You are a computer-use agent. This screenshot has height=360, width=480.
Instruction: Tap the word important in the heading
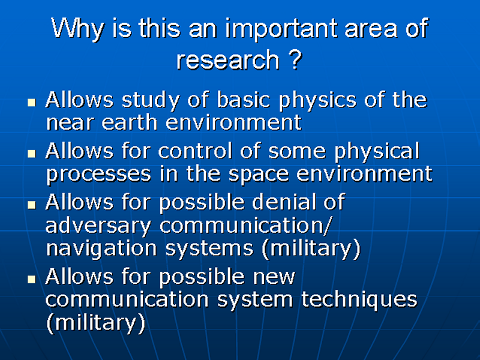pyautogui.click(x=281, y=29)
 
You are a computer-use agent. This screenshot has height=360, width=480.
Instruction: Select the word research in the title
pyautogui.click(x=228, y=59)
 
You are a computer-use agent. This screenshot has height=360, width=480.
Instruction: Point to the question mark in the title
pyautogui.click(x=295, y=59)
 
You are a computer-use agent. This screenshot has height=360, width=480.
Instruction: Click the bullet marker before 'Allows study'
pyautogui.click(x=32, y=102)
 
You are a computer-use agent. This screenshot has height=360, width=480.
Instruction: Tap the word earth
pyautogui.click(x=129, y=122)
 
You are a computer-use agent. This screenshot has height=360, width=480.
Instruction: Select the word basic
pyautogui.click(x=244, y=100)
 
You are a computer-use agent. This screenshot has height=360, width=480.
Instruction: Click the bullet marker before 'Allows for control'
pyautogui.click(x=32, y=153)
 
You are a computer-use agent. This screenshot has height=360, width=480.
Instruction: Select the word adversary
pyautogui.click(x=98, y=226)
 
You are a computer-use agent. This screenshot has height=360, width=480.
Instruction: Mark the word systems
pyautogui.click(x=209, y=248)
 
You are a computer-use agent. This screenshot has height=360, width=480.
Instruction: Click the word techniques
pyautogui.click(x=359, y=299)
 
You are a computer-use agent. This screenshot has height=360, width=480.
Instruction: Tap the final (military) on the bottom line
pyautogui.click(x=96, y=322)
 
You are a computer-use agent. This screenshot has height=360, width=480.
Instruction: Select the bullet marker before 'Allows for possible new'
pyautogui.click(x=32, y=279)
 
